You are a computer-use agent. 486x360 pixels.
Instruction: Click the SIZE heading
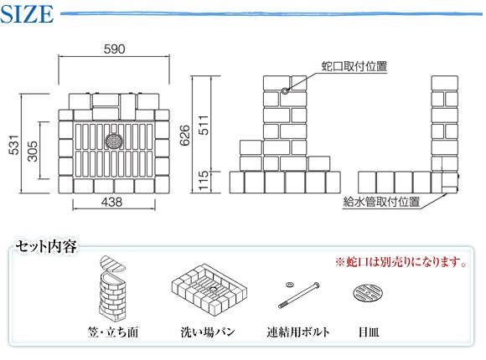pyautogui.click(x=27, y=14)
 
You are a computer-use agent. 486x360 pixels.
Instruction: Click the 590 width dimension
pyautogui.click(x=114, y=49)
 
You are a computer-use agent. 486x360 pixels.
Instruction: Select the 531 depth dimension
pyautogui.click(x=14, y=145)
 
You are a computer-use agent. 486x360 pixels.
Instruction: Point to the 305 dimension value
pyautogui.click(x=33, y=152)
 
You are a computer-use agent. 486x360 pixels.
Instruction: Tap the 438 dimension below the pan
pyautogui.click(x=112, y=203)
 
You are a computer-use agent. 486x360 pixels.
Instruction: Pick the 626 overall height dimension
pyautogui.click(x=184, y=136)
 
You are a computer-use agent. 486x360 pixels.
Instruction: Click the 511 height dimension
pyautogui.click(x=204, y=126)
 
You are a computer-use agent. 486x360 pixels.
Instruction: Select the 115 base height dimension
pyautogui.click(x=204, y=181)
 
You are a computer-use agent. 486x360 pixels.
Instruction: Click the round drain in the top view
pyautogui.click(x=114, y=141)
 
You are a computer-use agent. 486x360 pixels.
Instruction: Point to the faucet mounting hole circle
pyautogui.click(x=285, y=90)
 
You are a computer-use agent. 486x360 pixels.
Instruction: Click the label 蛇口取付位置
pyautogui.click(x=354, y=66)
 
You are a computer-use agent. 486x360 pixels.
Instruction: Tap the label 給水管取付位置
pyautogui.click(x=381, y=202)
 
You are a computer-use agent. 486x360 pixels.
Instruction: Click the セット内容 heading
pyautogui.click(x=46, y=247)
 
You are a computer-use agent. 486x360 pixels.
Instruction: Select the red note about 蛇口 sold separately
pyautogui.click(x=401, y=262)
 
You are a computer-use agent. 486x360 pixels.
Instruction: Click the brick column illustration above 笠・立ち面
pyautogui.click(x=113, y=289)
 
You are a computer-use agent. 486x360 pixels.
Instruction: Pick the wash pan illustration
pyautogui.click(x=209, y=289)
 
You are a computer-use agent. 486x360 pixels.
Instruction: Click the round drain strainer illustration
pyautogui.click(x=368, y=293)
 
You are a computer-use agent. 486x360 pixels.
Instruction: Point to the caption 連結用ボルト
pyautogui.click(x=298, y=332)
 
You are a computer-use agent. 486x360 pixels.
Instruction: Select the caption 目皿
pyautogui.click(x=369, y=332)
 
